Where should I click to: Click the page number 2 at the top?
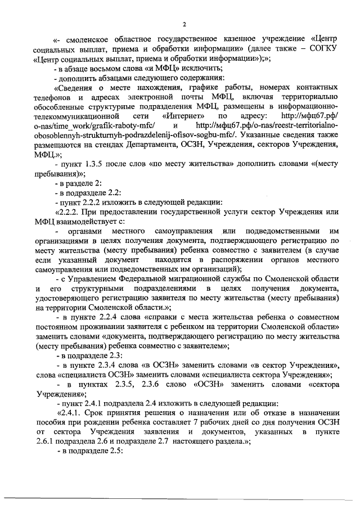click(183, 24)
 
